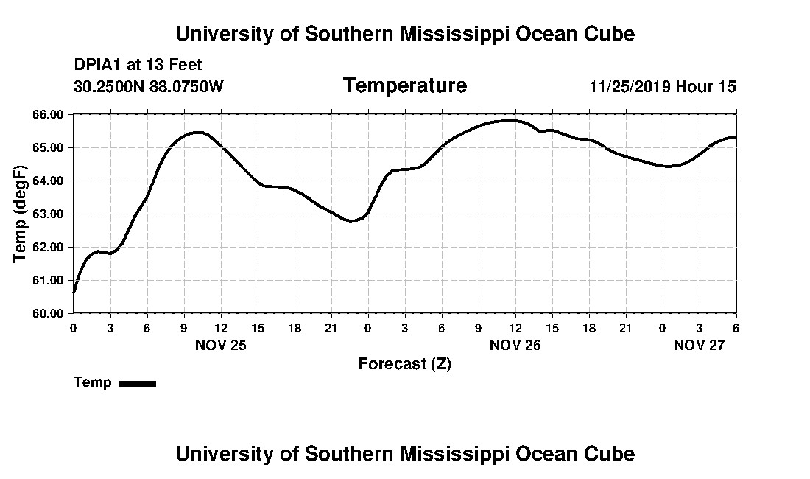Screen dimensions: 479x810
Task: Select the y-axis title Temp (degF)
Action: pos(21,214)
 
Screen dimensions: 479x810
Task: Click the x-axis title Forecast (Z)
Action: pos(404,363)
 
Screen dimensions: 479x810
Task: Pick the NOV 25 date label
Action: pos(220,345)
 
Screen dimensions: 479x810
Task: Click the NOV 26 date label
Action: pos(515,345)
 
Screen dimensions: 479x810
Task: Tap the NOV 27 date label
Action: pos(699,345)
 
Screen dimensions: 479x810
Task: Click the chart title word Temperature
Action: pos(404,86)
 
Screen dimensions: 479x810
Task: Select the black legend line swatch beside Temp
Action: pos(137,383)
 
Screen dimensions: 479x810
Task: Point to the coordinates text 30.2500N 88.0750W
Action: pos(149,87)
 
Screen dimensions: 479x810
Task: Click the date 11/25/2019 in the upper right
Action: pos(630,87)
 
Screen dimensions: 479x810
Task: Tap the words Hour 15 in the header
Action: pos(706,87)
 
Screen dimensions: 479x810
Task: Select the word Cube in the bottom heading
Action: pos(611,453)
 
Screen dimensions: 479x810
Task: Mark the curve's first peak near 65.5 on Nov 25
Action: pos(197,133)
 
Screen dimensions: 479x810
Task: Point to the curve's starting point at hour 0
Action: pos(74,293)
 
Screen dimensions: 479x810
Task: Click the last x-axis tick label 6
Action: pos(736,327)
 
